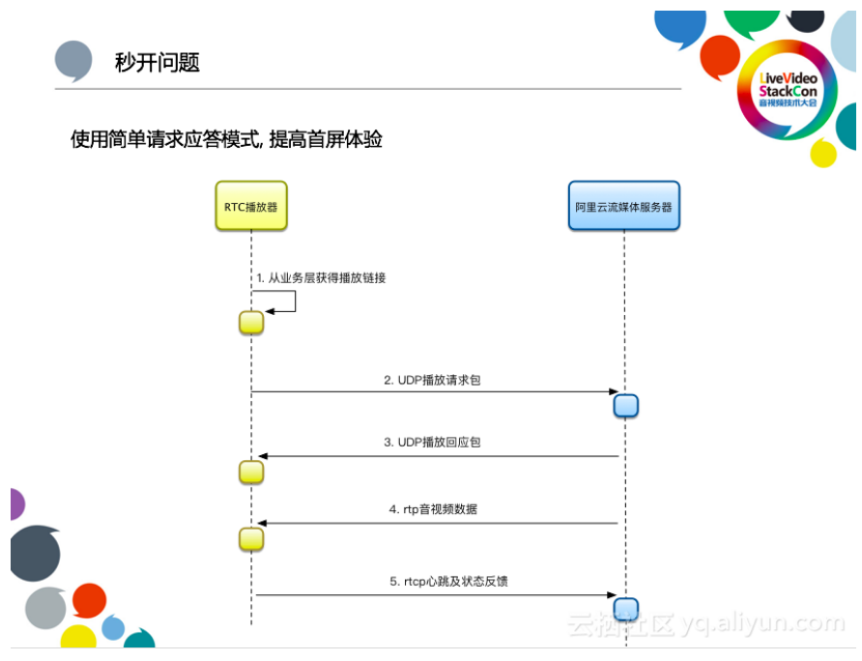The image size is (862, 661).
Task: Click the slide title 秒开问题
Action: (157, 63)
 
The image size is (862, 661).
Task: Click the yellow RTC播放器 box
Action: (250, 206)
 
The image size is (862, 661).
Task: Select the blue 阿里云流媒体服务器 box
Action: (623, 206)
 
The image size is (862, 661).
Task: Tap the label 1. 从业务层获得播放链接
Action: (320, 277)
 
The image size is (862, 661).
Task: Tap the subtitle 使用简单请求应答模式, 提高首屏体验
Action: (226, 139)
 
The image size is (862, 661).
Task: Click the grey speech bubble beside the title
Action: (74, 61)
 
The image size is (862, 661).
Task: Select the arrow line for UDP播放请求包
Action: (435, 391)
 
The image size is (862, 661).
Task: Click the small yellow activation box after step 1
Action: (251, 323)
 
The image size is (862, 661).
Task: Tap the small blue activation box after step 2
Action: (626, 405)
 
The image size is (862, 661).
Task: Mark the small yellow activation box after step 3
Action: (251, 472)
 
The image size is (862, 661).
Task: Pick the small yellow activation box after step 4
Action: (251, 538)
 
